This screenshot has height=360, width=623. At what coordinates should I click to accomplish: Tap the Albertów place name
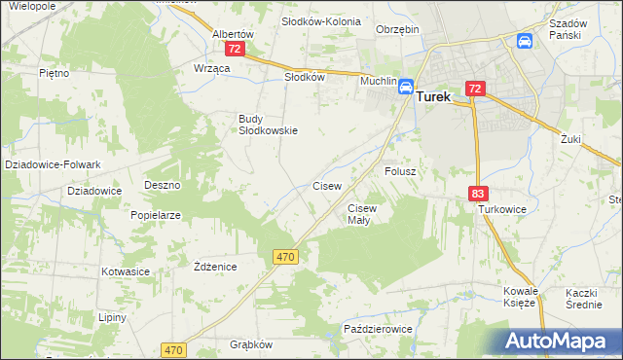(x=233, y=33)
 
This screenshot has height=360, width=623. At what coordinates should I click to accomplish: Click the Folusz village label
(x=400, y=170)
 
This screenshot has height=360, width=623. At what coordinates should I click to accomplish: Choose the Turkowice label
(x=501, y=209)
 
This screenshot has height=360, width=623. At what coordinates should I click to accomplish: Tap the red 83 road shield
(x=477, y=195)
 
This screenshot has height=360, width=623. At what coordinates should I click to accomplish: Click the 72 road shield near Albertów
(x=234, y=48)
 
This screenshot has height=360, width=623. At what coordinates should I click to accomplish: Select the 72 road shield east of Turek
(x=475, y=89)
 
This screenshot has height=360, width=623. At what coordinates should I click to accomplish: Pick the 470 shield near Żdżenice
(x=284, y=256)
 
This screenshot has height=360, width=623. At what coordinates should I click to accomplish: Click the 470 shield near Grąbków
(x=174, y=349)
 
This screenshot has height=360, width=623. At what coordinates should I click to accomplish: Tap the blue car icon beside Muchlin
(x=405, y=88)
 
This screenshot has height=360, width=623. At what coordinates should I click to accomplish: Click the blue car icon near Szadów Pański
(x=525, y=41)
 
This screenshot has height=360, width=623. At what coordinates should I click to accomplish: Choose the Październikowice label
(x=379, y=330)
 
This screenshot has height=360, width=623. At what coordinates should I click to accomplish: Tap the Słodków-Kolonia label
(x=320, y=20)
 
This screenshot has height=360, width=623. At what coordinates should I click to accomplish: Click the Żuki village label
(x=570, y=139)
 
